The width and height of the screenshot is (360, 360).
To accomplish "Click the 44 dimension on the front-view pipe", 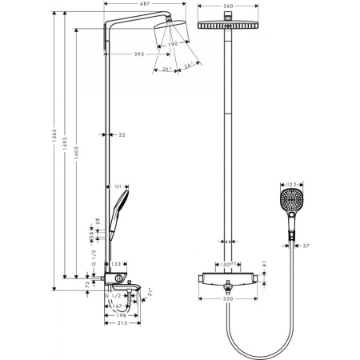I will point(228,241).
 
